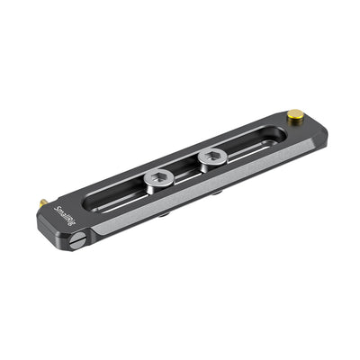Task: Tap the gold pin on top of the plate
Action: pyautogui.click(x=294, y=115)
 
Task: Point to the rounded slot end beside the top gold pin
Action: pyautogui.click(x=277, y=134)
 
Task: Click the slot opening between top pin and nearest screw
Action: pyautogui.click(x=247, y=143)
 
